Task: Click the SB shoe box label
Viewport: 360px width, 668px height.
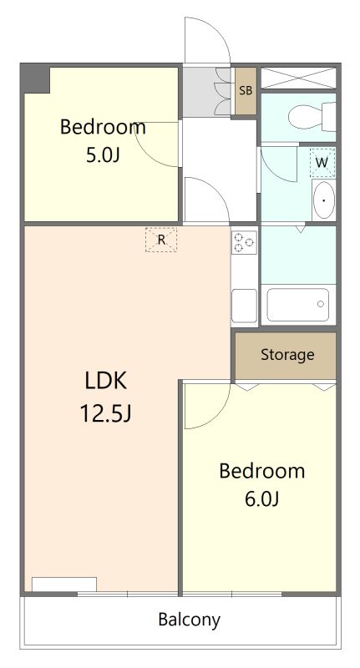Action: click(x=246, y=90)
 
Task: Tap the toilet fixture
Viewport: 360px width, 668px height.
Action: click(x=312, y=116)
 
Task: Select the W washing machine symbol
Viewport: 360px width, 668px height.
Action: click(x=322, y=162)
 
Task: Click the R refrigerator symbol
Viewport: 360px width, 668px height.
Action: click(x=160, y=240)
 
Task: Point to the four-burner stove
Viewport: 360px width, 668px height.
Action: click(x=244, y=242)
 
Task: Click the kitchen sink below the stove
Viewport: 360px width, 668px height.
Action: click(x=244, y=306)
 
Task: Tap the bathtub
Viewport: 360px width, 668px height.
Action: click(x=298, y=305)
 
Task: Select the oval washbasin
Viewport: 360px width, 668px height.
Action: click(x=324, y=200)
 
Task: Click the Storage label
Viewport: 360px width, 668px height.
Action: click(x=287, y=355)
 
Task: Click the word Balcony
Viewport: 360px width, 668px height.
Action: click(x=189, y=620)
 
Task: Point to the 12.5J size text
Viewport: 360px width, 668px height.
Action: click(x=105, y=412)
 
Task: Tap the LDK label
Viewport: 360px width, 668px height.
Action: click(x=105, y=381)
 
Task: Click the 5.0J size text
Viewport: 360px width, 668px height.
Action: click(x=102, y=155)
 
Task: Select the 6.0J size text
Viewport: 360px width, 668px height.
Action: click(x=261, y=499)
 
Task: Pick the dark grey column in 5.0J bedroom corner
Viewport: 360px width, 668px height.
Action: click(x=35, y=78)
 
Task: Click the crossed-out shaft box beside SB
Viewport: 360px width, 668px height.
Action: click(x=298, y=78)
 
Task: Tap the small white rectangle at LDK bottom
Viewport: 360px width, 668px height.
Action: click(x=64, y=584)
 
